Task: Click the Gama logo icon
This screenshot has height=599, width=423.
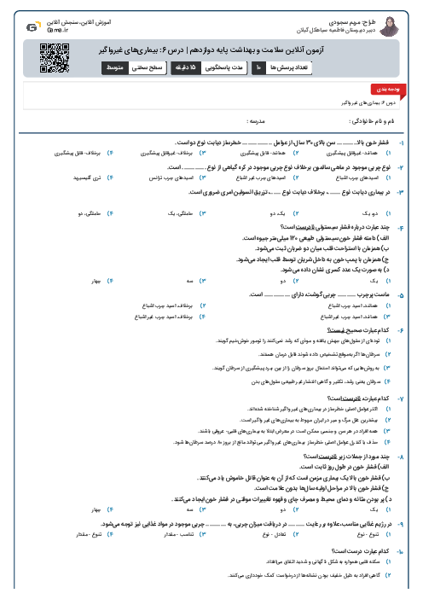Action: point(32,27)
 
